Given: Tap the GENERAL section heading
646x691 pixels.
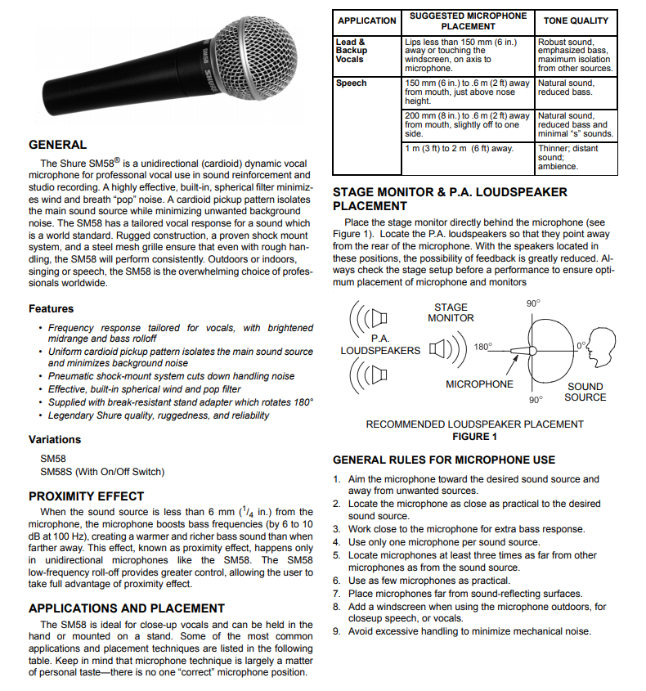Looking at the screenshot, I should point(57,145).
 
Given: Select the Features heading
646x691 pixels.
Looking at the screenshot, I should point(51,309).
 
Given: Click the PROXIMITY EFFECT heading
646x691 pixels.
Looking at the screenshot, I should point(86,496).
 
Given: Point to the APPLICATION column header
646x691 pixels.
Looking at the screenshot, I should point(367,20).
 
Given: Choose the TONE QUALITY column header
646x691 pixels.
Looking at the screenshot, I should point(576,20).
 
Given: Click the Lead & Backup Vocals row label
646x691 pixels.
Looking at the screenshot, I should point(352,51).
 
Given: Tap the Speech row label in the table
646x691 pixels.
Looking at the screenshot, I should point(352,83).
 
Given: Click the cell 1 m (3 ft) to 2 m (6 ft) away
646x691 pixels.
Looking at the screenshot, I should point(459,149).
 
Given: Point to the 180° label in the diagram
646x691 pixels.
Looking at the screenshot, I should point(482,347).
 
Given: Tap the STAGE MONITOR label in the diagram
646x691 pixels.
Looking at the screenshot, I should point(451,313).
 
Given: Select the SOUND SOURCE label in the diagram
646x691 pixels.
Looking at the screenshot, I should point(585,392).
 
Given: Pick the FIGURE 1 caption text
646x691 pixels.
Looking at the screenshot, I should point(474,437).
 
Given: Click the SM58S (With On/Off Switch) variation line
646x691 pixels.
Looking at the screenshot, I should point(102,472).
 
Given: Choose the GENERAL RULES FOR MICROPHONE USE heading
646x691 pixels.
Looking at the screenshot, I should point(444,460).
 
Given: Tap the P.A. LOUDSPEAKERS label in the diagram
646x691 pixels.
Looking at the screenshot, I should point(380,344).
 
